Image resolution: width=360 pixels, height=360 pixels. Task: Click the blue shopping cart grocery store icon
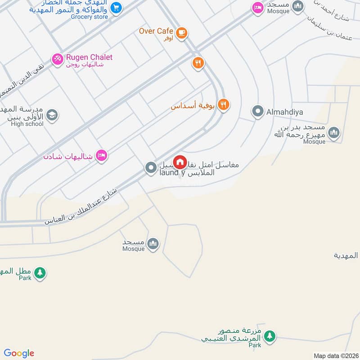pyautogui.click(x=116, y=8)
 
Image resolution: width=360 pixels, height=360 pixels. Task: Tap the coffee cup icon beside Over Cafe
pyautogui.click(x=182, y=32)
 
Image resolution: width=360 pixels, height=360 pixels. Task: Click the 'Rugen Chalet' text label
pyautogui.click(x=89, y=57)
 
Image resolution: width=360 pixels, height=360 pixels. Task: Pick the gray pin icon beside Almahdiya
pyautogui.click(x=258, y=111)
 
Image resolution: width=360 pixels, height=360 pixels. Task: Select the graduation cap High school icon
pyautogui.click(x=52, y=116)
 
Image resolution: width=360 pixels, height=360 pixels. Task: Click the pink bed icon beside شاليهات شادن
pyautogui.click(x=102, y=156)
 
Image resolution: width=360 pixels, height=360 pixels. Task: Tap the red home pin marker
pyautogui.click(x=180, y=162)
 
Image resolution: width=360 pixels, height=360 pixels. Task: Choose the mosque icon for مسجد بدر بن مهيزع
pyautogui.click(x=333, y=133)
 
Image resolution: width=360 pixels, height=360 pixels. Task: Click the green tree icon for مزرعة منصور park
pyautogui.click(x=270, y=336)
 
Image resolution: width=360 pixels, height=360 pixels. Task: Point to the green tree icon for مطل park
pyautogui.click(x=40, y=273)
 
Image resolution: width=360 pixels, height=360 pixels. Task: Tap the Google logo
pyautogui.click(x=19, y=353)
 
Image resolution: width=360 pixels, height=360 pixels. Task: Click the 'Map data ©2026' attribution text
pyautogui.click(x=335, y=355)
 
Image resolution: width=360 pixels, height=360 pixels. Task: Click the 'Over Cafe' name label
pyautogui.click(x=156, y=31)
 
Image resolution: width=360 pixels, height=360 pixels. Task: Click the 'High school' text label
pyautogui.click(x=27, y=124)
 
